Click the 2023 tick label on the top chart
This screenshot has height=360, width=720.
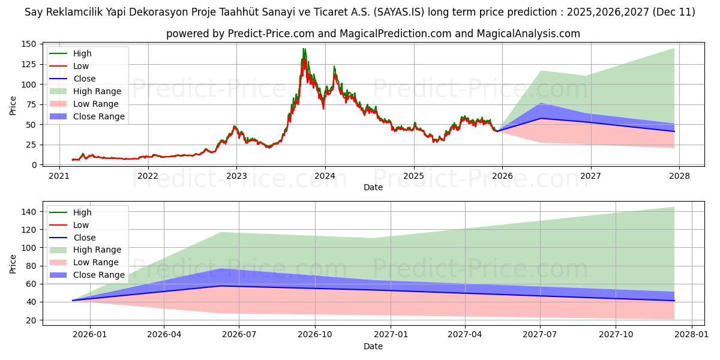236,176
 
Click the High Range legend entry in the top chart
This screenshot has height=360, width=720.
97,91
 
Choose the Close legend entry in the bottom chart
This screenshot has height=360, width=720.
85,238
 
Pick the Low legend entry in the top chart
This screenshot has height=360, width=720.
81,66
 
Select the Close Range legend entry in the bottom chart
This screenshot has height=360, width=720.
99,275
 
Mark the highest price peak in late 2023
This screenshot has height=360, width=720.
304,49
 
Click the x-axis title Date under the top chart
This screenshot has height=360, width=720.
373,187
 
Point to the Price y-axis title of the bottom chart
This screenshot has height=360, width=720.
13,263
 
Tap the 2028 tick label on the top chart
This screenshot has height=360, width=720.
679,176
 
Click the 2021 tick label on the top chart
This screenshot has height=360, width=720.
59,176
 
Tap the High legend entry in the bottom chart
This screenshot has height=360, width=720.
83,212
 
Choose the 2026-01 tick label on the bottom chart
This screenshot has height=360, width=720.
89,335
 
